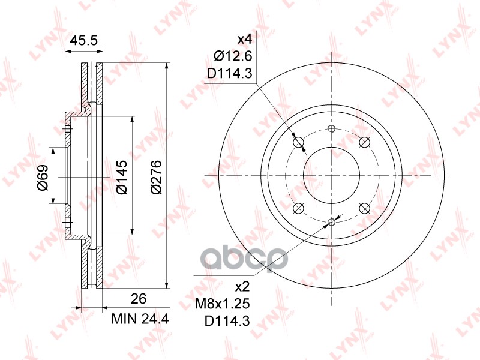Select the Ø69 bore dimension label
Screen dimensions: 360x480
coord(42,178)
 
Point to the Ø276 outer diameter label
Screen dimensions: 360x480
coord(155,178)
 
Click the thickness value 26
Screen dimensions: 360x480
coord(139,298)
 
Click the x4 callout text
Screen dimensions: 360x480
coord(245,40)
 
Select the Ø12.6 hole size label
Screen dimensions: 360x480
coord(231,57)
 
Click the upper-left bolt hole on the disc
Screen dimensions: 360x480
coord(299,142)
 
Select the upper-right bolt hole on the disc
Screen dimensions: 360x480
coord(364,142)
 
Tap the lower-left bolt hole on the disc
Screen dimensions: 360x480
coord(298,208)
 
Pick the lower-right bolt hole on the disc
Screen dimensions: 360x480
coord(364,208)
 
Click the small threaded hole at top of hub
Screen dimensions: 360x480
coord(331,128)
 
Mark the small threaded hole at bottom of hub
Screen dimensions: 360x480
coord(331,222)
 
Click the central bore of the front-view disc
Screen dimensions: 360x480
coord(331,175)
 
